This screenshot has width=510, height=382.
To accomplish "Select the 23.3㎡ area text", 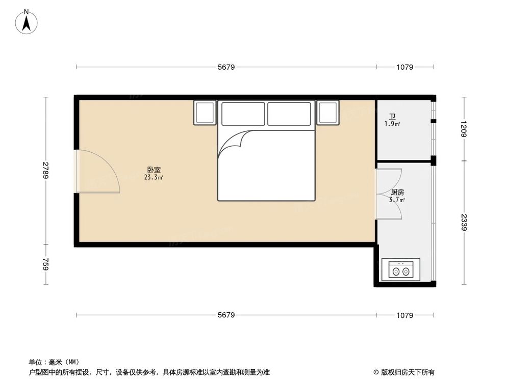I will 154,178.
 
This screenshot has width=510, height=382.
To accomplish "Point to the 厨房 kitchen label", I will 397,193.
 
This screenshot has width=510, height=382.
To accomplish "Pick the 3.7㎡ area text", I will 397,200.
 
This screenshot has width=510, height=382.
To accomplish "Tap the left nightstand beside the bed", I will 205,113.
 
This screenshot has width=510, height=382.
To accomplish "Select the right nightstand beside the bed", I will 328,113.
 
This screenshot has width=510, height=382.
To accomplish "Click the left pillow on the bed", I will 243,114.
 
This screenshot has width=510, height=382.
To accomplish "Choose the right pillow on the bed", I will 289,114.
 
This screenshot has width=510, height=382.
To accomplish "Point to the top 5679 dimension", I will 226,67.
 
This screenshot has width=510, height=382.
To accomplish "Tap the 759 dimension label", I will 45,265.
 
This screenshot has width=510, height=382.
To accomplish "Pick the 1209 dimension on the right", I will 464,128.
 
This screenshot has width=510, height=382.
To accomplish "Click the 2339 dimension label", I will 464,223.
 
